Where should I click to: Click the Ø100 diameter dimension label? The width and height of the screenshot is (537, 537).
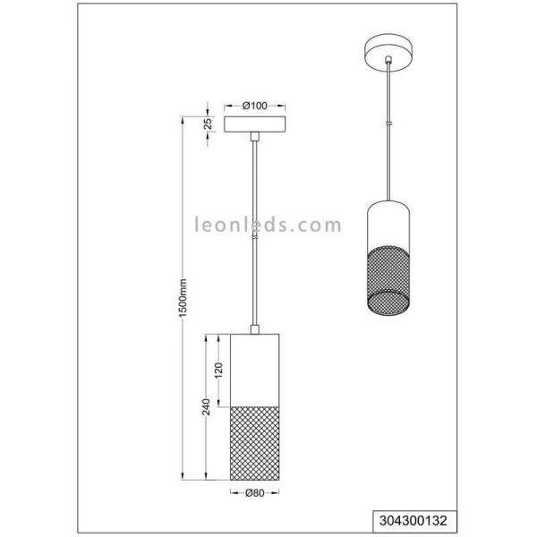256,105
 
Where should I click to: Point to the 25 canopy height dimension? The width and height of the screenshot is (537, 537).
207,124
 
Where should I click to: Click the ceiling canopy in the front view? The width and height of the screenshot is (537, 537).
256,124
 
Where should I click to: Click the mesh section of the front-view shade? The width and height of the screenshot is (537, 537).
256,442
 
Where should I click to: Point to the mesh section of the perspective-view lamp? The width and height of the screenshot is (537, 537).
387,277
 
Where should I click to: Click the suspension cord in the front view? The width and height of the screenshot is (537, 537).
256,233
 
